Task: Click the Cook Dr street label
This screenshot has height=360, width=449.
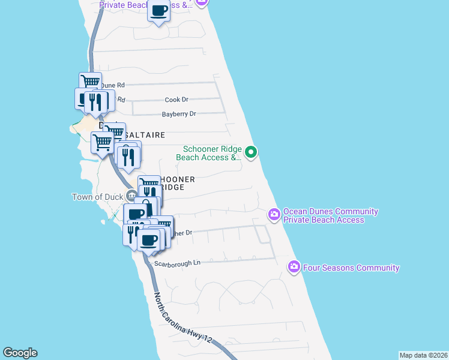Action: (176, 100)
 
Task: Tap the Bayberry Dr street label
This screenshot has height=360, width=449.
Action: (179, 114)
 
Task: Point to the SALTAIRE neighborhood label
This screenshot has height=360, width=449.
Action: (144, 136)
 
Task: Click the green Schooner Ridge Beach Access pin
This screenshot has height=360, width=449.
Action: (252, 154)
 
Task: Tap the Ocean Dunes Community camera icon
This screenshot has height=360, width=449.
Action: (274, 214)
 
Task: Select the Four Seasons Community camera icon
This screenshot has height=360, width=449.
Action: (294, 266)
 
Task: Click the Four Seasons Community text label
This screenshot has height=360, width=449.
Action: (351, 268)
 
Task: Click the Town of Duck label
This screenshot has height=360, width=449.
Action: (97, 197)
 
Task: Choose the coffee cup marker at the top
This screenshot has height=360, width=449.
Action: (159, 11)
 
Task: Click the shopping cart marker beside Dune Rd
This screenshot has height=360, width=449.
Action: (90, 83)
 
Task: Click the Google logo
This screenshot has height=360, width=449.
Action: (20, 353)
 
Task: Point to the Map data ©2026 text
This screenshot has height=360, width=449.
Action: (423, 355)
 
